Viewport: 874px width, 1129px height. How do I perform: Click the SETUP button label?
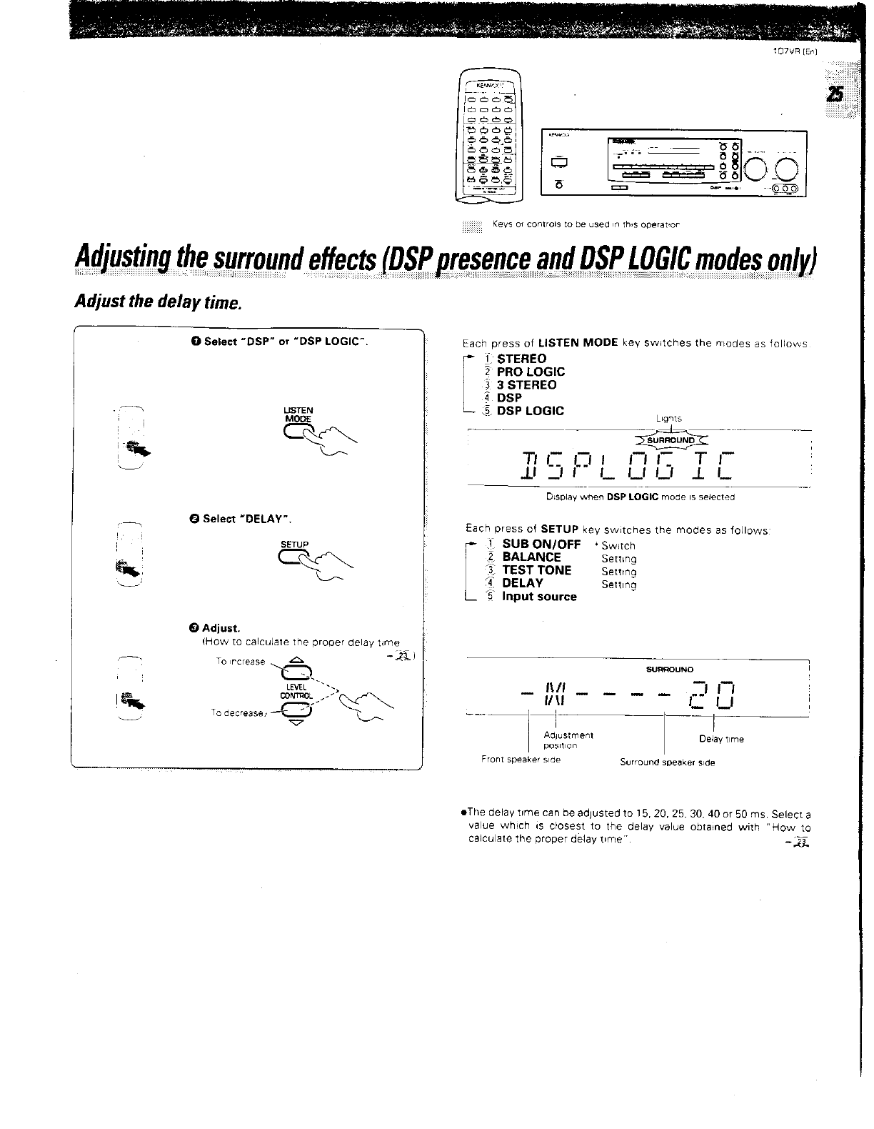(294, 544)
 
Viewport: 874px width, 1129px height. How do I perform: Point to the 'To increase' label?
(240, 662)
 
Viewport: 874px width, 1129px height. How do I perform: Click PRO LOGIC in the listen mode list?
(531, 372)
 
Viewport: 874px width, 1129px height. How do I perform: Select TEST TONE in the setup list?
(537, 570)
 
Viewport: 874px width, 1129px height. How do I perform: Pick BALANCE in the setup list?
(531, 557)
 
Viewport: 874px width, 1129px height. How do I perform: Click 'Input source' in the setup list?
(539, 597)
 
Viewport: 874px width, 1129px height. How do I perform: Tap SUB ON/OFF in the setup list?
(541, 544)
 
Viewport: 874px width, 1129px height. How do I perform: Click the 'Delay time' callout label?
(721, 739)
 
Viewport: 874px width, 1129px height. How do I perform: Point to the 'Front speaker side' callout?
(521, 760)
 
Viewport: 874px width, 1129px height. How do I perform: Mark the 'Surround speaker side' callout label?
(668, 762)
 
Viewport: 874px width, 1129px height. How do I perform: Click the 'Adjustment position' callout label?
(568, 740)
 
